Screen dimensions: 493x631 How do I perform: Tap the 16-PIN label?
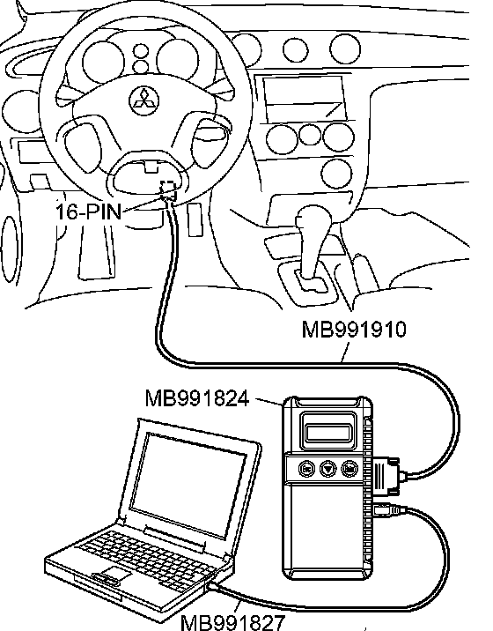88,212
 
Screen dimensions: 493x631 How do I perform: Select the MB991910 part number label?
354,330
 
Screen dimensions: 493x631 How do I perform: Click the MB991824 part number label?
197,398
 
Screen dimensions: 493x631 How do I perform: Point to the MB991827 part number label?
232,622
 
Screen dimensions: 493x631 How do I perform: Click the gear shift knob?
313,219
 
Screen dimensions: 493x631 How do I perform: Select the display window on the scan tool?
327,433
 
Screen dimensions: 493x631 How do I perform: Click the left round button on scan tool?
306,469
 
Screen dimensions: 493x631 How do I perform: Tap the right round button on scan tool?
350,469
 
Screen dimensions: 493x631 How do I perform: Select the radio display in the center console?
305,99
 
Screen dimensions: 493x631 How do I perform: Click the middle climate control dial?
309,136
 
